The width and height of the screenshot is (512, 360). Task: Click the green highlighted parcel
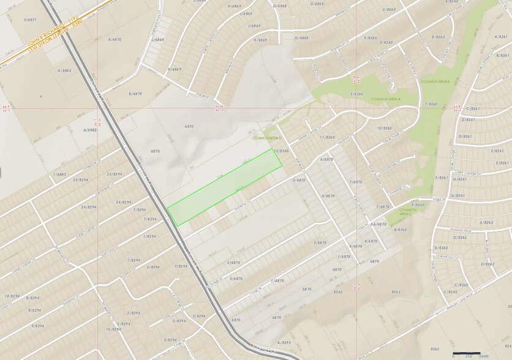(224, 187)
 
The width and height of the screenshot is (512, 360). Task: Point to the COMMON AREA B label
(435, 81)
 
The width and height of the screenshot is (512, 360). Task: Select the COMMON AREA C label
(408, 211)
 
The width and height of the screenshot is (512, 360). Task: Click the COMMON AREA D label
(264, 138)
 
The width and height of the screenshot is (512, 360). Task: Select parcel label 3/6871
(31, 20)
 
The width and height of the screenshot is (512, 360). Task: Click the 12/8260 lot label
(282, 151)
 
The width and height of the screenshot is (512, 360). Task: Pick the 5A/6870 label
(378, 224)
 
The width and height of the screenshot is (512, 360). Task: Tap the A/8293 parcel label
(284, 342)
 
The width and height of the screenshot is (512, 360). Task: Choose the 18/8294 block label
(12, 296)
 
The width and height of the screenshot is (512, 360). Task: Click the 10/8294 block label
(113, 329)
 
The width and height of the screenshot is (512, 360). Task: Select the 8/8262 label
(401, 229)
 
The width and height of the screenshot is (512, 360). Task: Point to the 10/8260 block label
(384, 128)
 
